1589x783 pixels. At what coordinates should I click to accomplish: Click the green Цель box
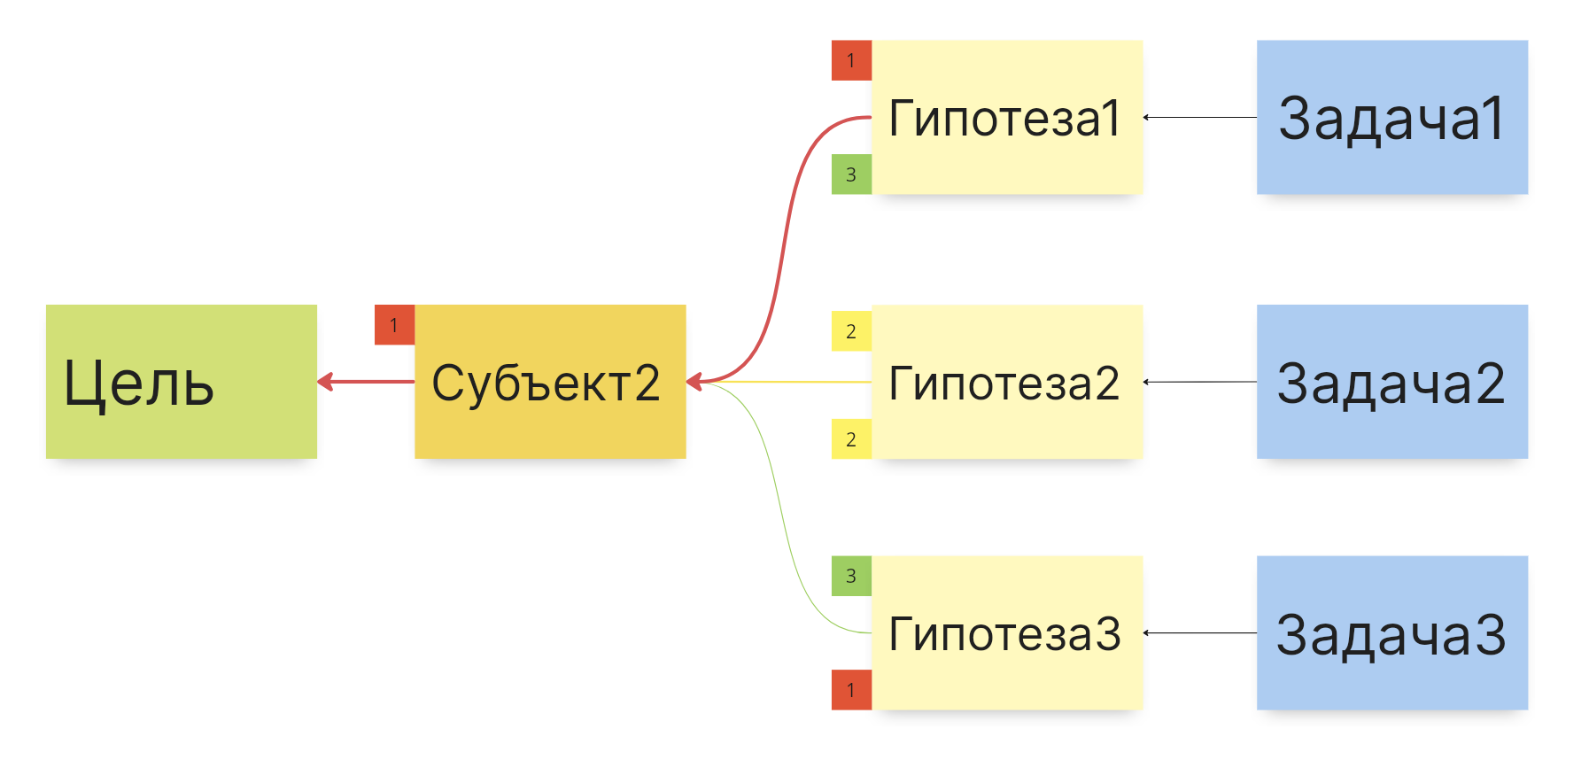181,382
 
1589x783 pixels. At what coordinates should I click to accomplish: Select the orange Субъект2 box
550,382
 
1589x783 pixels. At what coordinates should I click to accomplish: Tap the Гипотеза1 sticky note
1007,117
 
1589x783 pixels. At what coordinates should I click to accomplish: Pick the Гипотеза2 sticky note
1007,382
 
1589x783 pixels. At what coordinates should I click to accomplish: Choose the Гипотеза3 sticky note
1007,632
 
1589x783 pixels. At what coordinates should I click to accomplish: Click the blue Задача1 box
1391,117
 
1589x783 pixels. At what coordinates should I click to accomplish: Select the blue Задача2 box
1391,382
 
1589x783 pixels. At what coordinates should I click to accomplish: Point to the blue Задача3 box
1391,632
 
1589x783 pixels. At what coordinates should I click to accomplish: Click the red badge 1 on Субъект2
394,325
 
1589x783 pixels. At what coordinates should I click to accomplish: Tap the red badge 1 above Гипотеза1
851,60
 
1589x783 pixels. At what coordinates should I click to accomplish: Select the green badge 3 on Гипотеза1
851,174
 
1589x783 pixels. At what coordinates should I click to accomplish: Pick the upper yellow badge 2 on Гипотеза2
851,331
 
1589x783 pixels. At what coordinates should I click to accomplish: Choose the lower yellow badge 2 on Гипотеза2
851,439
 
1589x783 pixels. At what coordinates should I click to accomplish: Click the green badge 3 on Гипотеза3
851,576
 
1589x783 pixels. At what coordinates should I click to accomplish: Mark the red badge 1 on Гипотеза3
851,690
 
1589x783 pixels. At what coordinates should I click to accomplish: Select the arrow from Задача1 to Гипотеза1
1200,117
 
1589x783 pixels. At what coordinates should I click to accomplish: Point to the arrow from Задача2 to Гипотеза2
1200,382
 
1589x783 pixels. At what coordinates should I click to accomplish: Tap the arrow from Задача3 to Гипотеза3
1200,632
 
